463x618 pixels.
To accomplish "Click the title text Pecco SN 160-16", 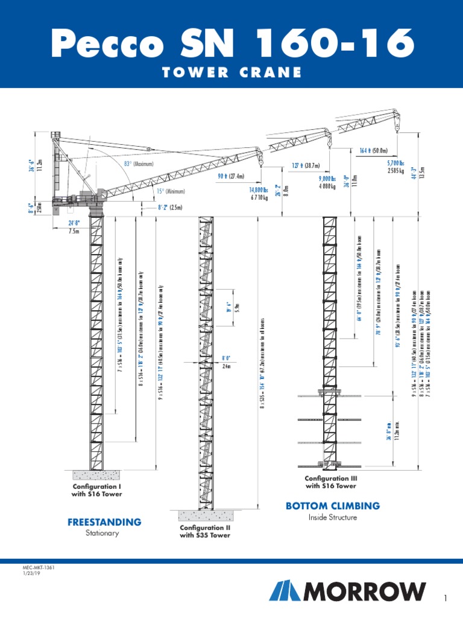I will (x=231, y=43).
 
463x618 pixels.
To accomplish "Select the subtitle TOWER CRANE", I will (x=231, y=72).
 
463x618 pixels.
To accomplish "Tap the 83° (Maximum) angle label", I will (x=139, y=164).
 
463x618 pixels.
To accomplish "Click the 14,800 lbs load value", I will (x=255, y=190).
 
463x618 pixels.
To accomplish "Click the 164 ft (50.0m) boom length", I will (x=373, y=151).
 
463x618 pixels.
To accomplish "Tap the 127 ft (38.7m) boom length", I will (x=306, y=165).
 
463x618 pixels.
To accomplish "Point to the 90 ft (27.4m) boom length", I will (x=231, y=176).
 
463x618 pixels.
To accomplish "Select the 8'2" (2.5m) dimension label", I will (x=169, y=208).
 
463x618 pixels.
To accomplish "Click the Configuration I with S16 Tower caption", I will (x=97, y=490).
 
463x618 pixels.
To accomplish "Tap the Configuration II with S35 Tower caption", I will (x=205, y=531).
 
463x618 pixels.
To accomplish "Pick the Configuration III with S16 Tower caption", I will (x=330, y=482).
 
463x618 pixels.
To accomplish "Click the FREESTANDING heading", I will (x=105, y=521).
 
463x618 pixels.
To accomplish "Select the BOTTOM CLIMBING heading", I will (x=333, y=506).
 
